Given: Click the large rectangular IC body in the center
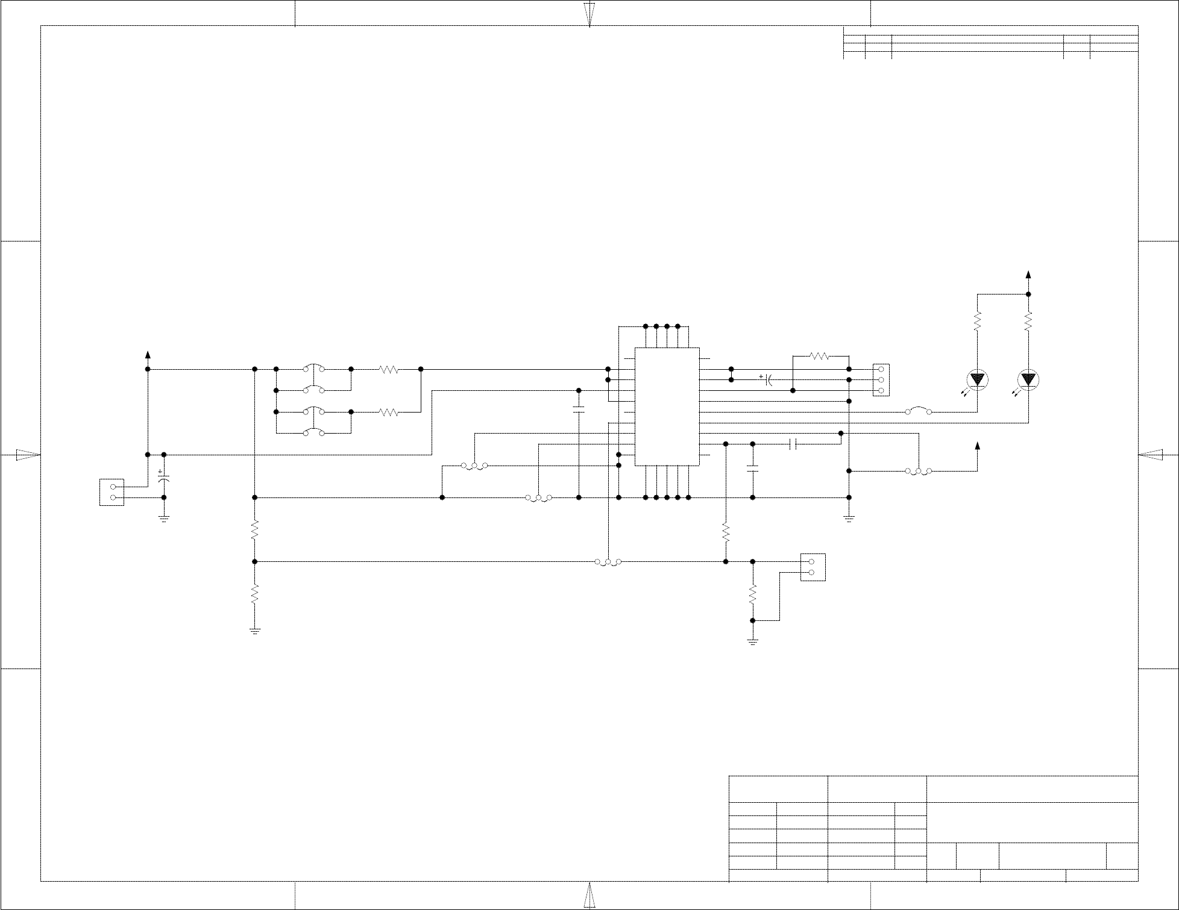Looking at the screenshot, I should (x=667, y=407).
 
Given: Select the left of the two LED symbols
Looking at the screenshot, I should (x=977, y=379).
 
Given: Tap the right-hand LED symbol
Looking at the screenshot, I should (x=1028, y=379).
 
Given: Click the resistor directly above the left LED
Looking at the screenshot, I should (x=977, y=321).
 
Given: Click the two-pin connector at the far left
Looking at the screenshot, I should (x=112, y=492).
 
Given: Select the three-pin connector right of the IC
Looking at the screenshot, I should (x=881, y=380).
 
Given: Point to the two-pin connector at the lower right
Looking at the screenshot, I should (x=813, y=567).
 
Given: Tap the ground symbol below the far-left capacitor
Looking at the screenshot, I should (x=164, y=518).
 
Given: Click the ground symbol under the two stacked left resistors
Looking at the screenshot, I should (x=254, y=631).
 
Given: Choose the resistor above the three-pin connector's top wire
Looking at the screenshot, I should (x=820, y=356).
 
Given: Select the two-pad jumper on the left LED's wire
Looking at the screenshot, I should (x=919, y=411).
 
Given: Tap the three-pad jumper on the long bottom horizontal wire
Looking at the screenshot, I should (x=608, y=562).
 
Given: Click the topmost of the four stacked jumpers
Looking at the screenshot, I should (x=313, y=368).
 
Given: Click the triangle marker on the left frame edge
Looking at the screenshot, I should (x=27, y=455).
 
